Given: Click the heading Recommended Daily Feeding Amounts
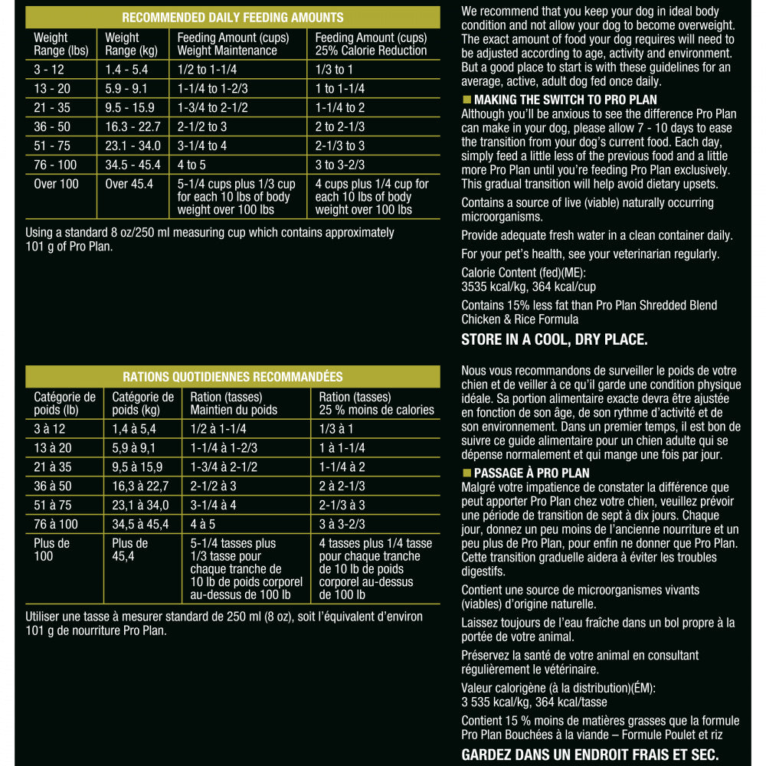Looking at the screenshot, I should tap(233, 18).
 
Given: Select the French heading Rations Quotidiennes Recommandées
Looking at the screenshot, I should tap(233, 377).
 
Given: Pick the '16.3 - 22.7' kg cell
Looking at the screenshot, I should tap(133, 126).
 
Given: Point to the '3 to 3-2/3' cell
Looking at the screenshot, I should tap(340, 165).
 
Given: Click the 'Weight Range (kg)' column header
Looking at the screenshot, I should tap(131, 44).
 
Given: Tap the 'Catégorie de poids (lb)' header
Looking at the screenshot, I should tap(64, 404).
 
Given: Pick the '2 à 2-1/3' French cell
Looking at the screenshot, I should tap(342, 486).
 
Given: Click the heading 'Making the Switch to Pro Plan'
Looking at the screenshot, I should tap(565, 100).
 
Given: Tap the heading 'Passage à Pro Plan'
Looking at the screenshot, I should tap(532, 473).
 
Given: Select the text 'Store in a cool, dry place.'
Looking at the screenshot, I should tap(554, 339).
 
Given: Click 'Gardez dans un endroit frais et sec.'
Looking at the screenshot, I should tap(590, 755).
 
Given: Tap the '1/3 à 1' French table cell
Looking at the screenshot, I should tap(336, 429).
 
